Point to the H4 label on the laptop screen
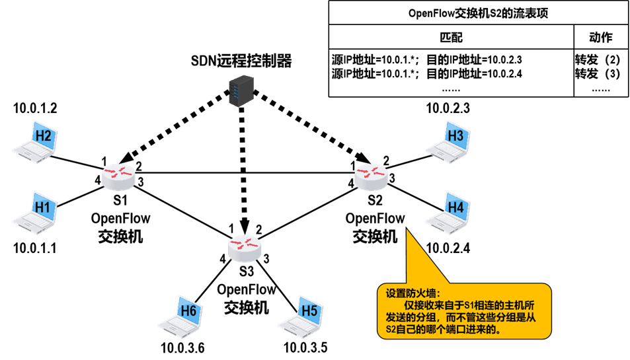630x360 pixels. [455, 207]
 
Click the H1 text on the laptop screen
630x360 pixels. [43, 207]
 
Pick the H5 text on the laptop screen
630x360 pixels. [309, 310]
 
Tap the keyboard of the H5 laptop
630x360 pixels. [295, 327]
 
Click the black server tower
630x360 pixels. [241, 90]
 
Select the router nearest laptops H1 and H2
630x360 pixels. [118, 177]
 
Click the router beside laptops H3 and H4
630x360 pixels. [371, 176]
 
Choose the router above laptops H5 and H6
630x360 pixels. [245, 248]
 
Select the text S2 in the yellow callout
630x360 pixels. [390, 328]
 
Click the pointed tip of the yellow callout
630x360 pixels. [407, 231]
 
